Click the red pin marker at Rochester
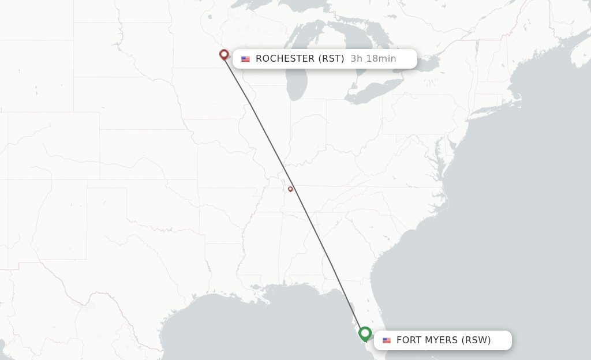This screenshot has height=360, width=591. (224, 55)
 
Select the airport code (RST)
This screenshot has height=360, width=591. (331, 59)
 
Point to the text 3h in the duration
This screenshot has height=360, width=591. (356, 59)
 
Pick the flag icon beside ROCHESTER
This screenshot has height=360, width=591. (246, 59)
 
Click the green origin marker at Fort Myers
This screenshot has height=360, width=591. (365, 333)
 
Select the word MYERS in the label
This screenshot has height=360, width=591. (442, 340)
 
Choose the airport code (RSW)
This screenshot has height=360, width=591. (476, 340)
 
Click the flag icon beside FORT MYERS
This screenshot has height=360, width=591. (387, 340)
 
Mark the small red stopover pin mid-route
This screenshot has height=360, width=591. (290, 189)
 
